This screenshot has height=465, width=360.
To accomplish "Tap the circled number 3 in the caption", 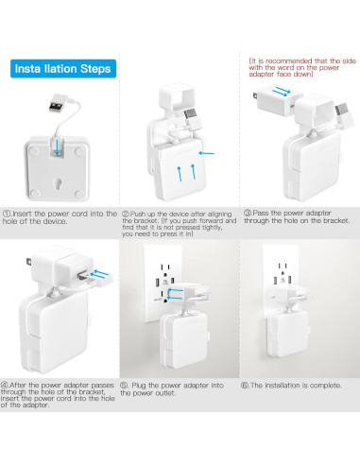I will point(248,214).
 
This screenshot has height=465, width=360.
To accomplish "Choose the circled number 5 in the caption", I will point(128,386).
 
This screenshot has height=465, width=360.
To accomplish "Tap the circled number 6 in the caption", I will point(248,386).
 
